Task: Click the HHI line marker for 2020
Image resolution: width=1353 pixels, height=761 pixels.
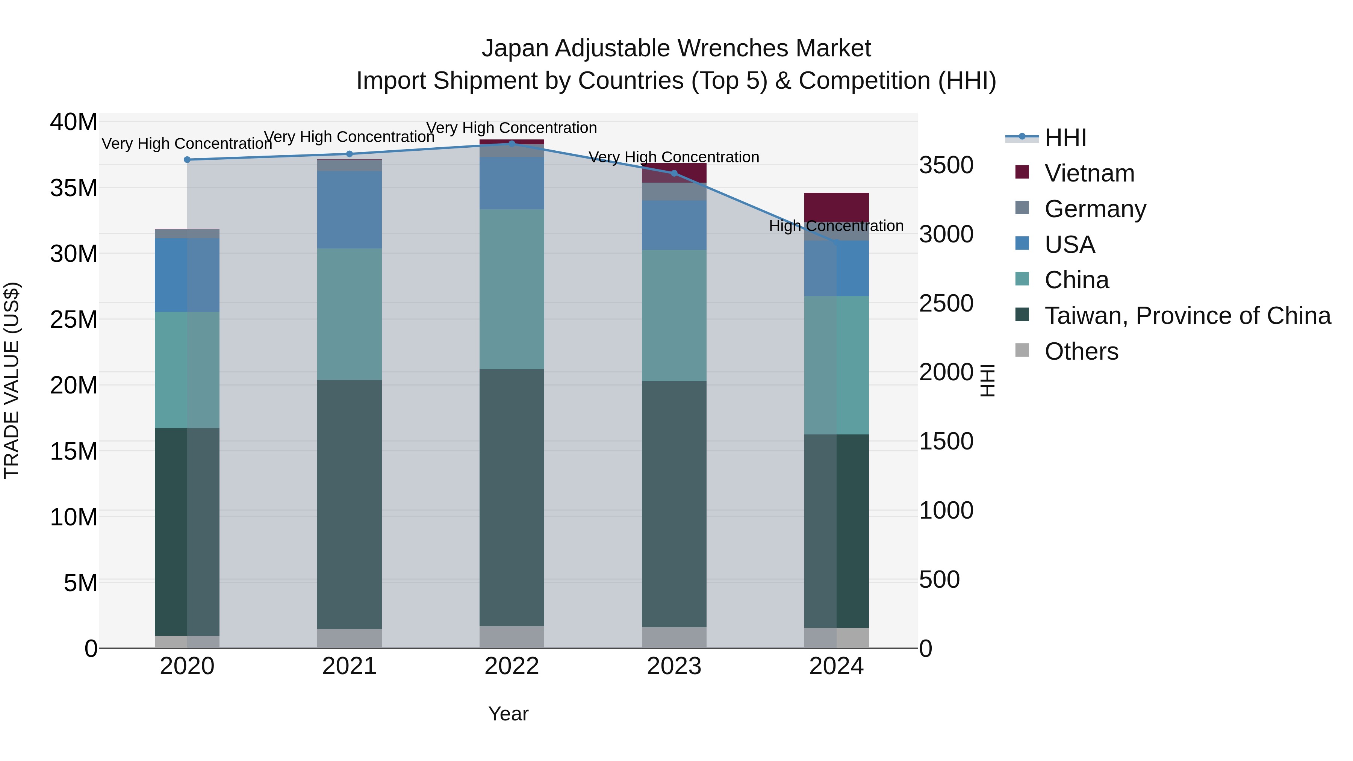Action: tap(187, 160)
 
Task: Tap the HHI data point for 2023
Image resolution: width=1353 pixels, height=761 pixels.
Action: tap(674, 173)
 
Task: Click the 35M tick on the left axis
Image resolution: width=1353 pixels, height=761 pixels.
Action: tap(74, 188)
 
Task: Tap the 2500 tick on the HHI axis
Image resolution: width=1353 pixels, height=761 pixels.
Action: tap(946, 304)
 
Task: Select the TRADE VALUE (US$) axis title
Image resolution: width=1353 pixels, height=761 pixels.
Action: tap(12, 380)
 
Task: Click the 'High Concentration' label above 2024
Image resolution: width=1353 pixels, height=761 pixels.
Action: tap(836, 226)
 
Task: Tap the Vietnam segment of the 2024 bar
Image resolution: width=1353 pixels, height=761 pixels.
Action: tap(836, 208)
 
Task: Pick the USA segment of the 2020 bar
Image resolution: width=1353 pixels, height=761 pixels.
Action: tap(187, 275)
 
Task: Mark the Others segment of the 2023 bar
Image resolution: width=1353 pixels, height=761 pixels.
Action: tap(674, 638)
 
